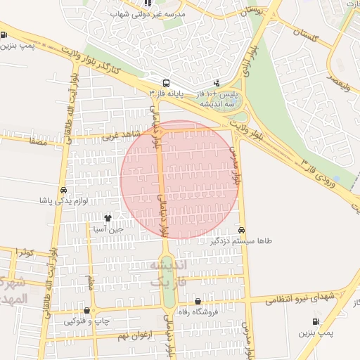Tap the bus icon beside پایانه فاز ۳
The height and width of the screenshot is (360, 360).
(165, 82)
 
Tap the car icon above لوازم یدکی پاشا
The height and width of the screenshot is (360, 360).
(64, 191)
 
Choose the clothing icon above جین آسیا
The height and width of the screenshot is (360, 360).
(108, 219)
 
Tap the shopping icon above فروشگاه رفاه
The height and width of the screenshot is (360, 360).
(198, 302)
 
